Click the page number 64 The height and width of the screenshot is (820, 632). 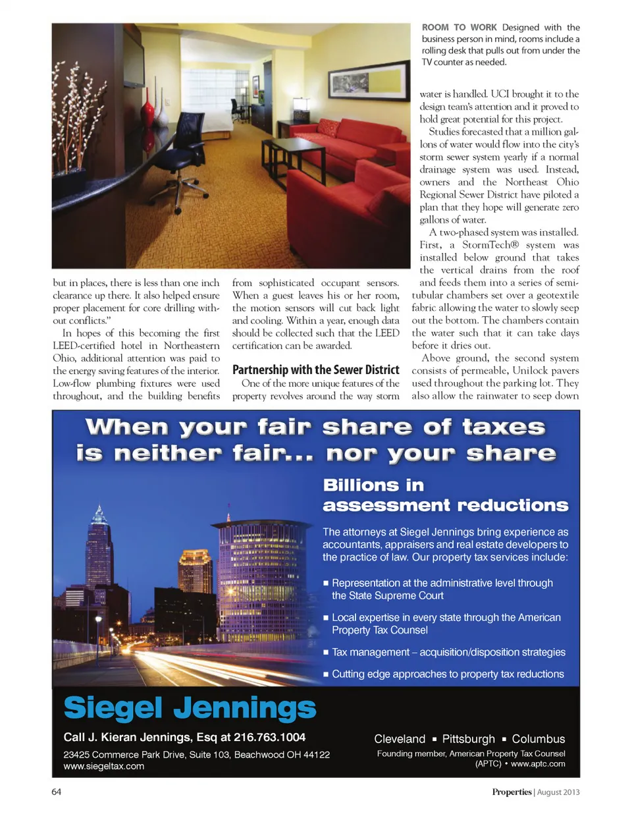click(x=57, y=792)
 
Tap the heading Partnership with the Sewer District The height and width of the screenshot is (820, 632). click(x=316, y=370)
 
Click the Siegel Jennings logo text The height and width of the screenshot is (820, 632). click(x=190, y=708)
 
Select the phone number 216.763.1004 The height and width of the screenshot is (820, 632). click(x=270, y=737)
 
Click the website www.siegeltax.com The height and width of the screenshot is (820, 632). click(x=104, y=766)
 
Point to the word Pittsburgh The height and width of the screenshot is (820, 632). click(x=468, y=739)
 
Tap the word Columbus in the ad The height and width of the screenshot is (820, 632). click(x=539, y=739)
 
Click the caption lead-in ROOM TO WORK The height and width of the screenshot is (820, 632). click(x=460, y=28)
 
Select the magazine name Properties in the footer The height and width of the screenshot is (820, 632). click(x=512, y=792)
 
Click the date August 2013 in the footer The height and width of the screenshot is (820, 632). click(x=558, y=792)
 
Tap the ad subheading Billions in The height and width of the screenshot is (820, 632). click(x=373, y=485)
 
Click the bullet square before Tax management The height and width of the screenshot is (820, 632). click(x=326, y=653)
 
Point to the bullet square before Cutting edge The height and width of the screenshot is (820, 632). click(x=326, y=674)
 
